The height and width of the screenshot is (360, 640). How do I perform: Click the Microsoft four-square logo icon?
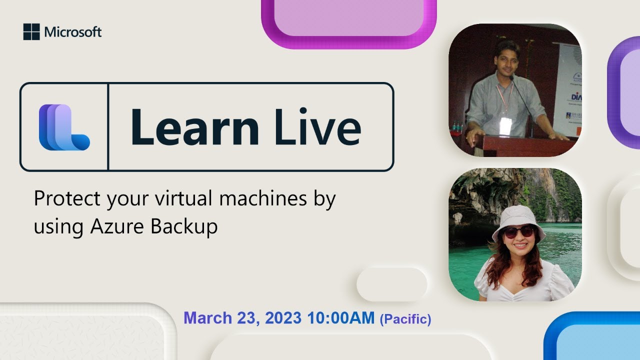31,32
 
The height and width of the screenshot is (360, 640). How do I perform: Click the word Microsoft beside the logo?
73,32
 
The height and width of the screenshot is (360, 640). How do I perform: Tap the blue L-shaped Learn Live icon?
64,127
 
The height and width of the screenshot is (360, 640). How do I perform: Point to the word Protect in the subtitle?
67,199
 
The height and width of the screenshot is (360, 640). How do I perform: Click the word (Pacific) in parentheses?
405,319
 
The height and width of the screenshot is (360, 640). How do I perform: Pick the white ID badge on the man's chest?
505,126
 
